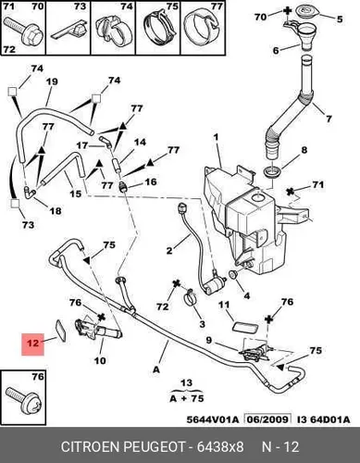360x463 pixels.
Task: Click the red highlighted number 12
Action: coord(32,344)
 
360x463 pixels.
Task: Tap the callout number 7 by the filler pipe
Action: coord(328,119)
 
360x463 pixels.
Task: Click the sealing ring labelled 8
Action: coord(272,171)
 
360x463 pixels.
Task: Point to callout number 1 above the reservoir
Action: coord(217,137)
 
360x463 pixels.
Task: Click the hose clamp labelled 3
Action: coord(191,298)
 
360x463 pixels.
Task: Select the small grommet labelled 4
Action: coord(232,274)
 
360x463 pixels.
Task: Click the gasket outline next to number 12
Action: coord(60,331)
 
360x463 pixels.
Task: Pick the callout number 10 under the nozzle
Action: coord(100,360)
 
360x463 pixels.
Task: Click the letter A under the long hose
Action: coord(156,369)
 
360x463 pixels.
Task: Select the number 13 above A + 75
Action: coord(186,383)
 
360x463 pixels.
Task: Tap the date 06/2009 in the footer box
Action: coord(267,419)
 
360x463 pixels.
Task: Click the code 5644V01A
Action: coord(213,419)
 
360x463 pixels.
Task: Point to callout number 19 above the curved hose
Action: coord(52,81)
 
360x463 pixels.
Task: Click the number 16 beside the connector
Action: coord(151,182)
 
